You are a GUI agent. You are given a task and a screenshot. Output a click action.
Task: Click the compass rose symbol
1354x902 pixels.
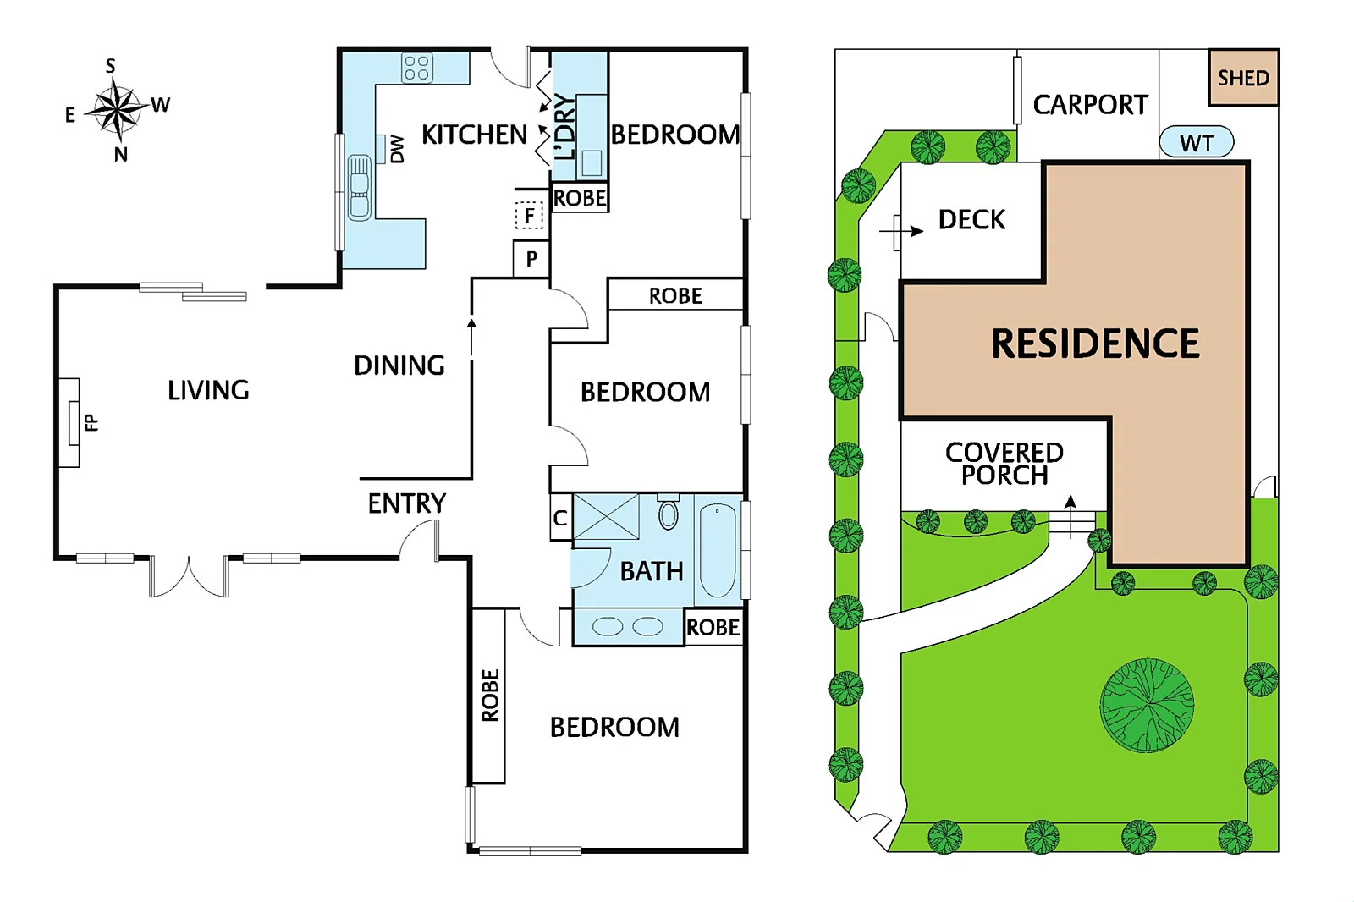(118, 109)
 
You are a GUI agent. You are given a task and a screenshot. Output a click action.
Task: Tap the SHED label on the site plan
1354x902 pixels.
(1243, 78)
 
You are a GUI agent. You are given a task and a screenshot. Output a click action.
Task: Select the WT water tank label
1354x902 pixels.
(1196, 143)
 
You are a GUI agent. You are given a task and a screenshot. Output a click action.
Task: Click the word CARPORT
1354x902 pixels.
(1090, 105)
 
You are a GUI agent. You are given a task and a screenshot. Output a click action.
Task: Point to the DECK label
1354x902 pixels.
(971, 220)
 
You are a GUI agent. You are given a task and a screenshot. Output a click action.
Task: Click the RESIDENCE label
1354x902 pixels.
(1095, 344)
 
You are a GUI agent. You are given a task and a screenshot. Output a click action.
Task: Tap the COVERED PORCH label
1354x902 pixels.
(1004, 464)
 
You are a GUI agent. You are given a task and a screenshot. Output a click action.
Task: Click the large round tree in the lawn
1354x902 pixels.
(1147, 705)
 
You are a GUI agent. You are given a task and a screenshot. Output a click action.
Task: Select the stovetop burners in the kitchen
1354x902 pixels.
(416, 68)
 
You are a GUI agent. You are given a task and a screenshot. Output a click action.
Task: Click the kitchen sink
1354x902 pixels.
(360, 187)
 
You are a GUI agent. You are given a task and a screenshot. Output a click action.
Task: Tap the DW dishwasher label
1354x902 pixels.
(397, 150)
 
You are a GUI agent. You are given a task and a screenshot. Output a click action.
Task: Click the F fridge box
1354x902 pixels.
(530, 216)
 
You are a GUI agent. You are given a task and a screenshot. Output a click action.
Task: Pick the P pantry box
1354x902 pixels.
(531, 259)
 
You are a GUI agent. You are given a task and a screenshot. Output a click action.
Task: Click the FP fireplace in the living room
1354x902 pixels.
(72, 422)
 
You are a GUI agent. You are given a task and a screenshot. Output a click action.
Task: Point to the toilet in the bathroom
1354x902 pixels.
(669, 514)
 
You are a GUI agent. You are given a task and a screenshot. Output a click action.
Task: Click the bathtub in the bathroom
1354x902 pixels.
(718, 551)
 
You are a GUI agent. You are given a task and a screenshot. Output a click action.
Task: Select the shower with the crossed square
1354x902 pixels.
(606, 516)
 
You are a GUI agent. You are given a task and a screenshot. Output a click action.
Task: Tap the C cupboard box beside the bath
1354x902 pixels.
(560, 518)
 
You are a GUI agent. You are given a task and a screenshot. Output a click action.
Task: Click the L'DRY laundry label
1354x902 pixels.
(564, 127)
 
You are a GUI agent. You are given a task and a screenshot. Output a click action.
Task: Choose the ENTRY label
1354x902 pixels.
(406, 503)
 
